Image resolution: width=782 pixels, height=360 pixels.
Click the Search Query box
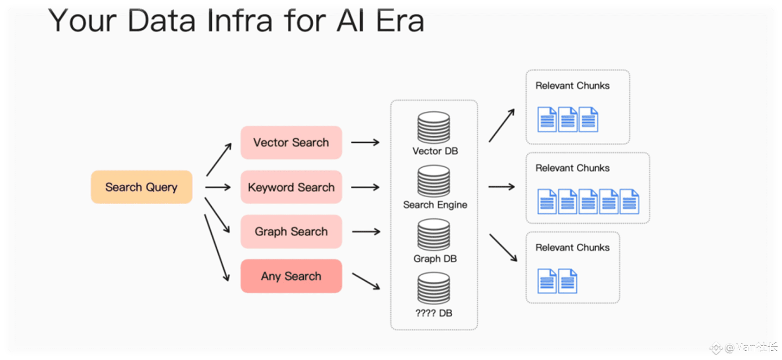[141, 187]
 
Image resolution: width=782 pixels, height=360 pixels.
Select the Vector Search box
[291, 142]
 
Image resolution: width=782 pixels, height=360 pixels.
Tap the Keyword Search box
[291, 187]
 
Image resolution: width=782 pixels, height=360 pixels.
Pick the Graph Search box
[291, 232]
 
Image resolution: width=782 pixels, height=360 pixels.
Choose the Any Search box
[291, 276]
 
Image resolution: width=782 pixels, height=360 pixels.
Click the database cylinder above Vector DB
[434, 127]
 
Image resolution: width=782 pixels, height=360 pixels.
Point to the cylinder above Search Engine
[434, 181]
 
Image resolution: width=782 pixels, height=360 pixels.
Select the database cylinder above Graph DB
[434, 235]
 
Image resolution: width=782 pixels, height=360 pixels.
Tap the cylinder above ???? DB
[434, 289]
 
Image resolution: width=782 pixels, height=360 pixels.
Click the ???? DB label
[434, 313]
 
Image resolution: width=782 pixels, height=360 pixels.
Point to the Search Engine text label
[435, 205]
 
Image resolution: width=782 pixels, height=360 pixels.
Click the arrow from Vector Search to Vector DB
[365, 142]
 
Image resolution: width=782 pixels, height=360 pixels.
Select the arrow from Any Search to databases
[366, 281]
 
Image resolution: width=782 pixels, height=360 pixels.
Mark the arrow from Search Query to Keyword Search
[218, 188]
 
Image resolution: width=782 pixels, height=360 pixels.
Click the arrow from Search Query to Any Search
[217, 247]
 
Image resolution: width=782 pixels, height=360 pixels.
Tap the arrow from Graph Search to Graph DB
[366, 232]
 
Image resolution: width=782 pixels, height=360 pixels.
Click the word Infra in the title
[240, 21]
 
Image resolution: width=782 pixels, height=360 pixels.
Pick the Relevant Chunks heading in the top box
[573, 86]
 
